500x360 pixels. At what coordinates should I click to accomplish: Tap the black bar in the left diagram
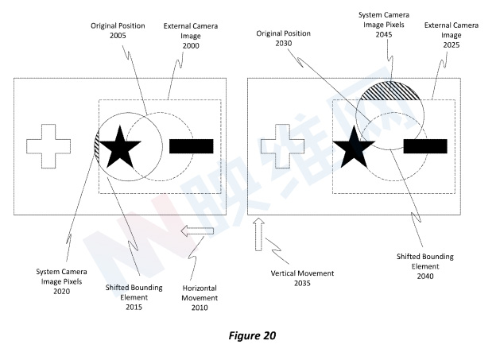191,145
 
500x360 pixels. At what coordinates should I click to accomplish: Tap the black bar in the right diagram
425,145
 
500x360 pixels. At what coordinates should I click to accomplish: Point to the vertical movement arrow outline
258,237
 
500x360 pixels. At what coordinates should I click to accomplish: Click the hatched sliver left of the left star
97,145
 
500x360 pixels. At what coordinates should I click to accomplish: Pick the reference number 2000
190,46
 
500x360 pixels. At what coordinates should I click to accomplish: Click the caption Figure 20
249,336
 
